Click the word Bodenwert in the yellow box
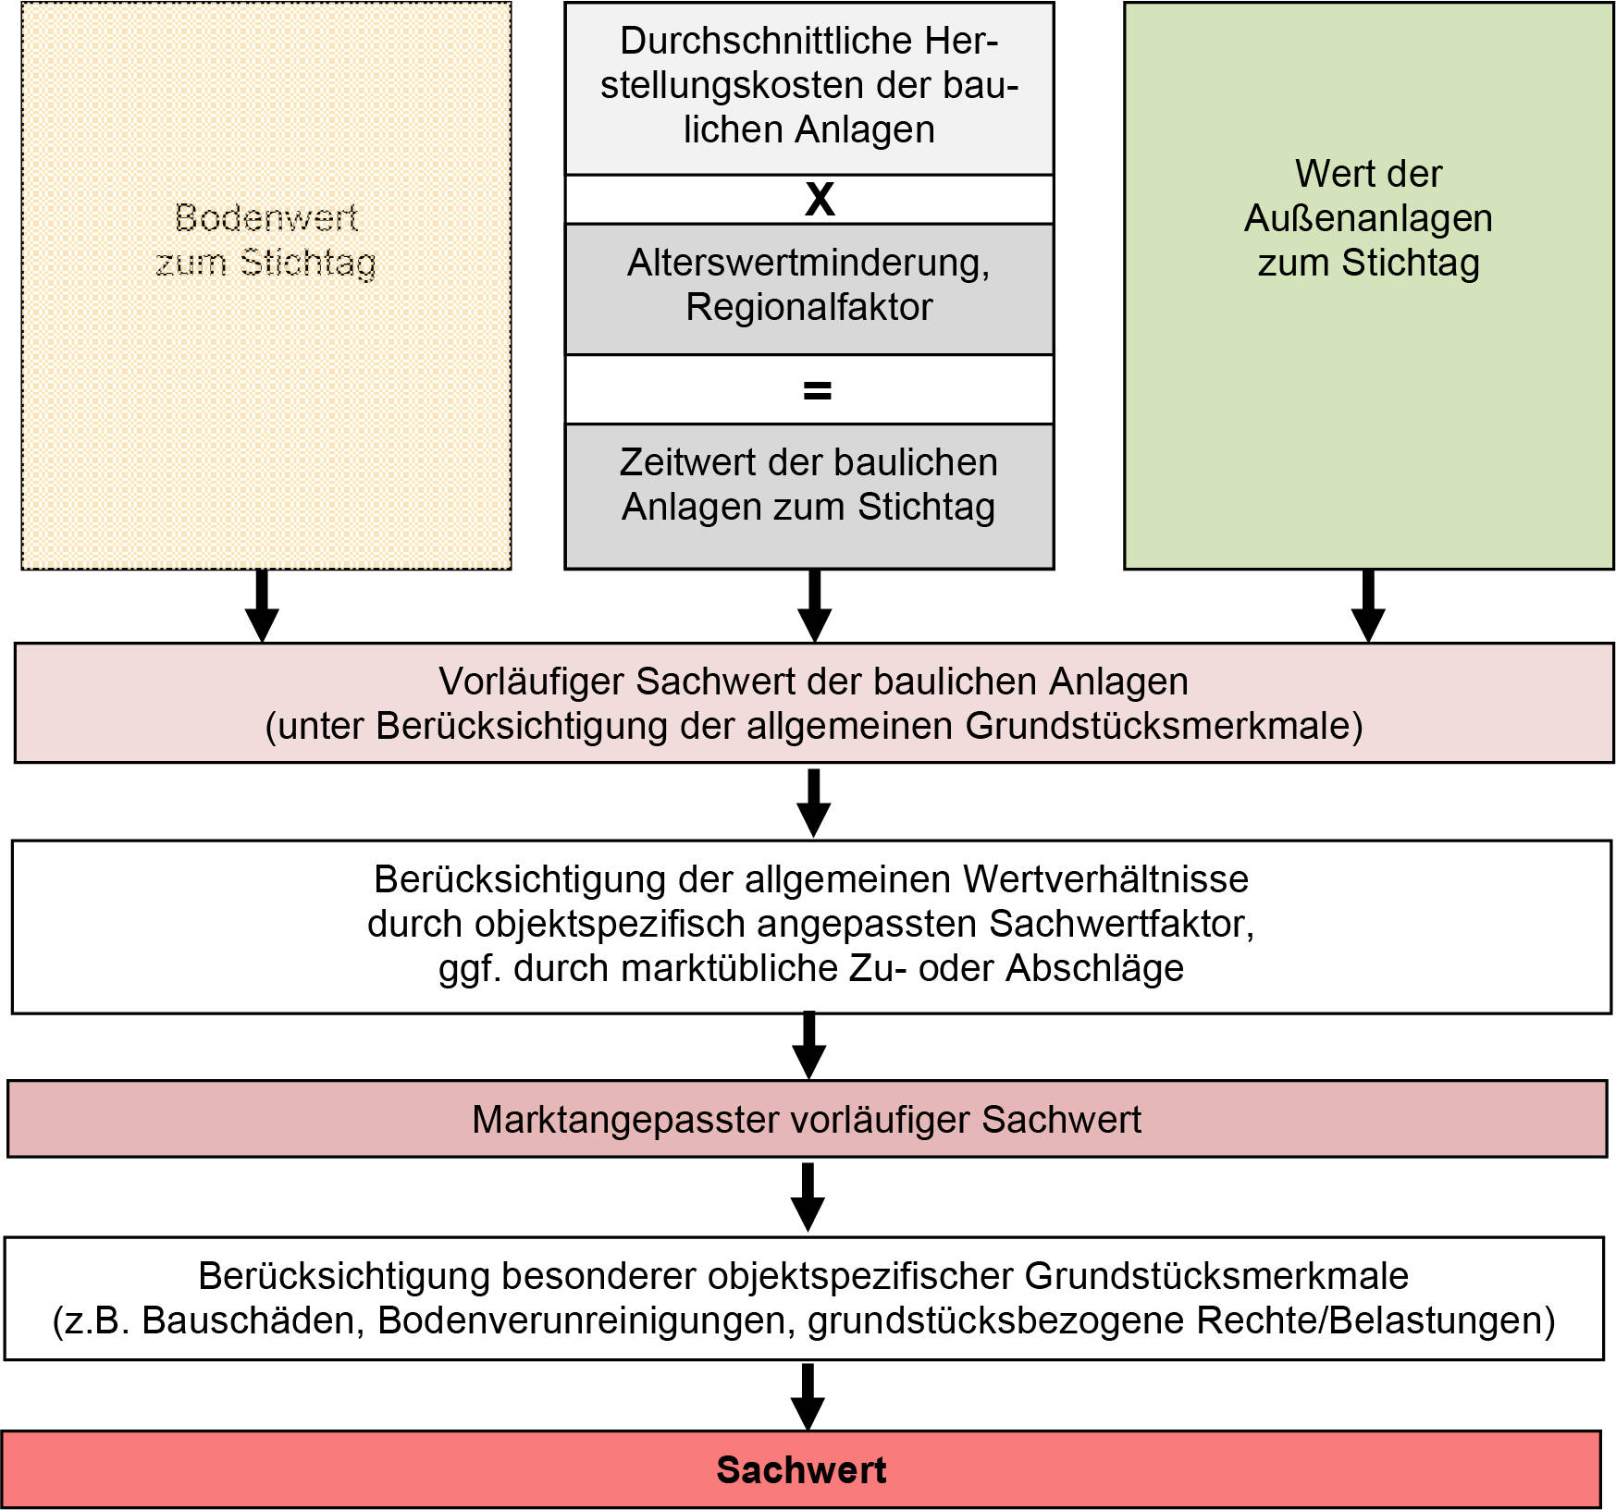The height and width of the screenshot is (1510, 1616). [x=265, y=218]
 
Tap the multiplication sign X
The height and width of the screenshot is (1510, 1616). [x=820, y=199]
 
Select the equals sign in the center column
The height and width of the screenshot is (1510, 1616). [x=817, y=390]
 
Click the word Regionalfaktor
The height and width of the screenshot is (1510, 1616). [x=808, y=307]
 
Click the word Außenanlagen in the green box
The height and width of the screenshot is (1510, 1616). [x=1368, y=218]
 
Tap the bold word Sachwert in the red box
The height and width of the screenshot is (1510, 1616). [x=801, y=1469]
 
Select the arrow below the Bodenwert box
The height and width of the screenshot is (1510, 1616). [x=263, y=607]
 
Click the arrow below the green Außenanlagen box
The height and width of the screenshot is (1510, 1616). [x=1368, y=607]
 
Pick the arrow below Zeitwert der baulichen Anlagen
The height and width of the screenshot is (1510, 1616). [x=814, y=607]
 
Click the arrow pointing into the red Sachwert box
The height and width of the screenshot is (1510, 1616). [x=808, y=1396]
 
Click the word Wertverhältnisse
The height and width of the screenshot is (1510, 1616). [x=1105, y=878]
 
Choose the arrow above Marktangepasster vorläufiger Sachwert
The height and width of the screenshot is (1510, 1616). [x=809, y=1046]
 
